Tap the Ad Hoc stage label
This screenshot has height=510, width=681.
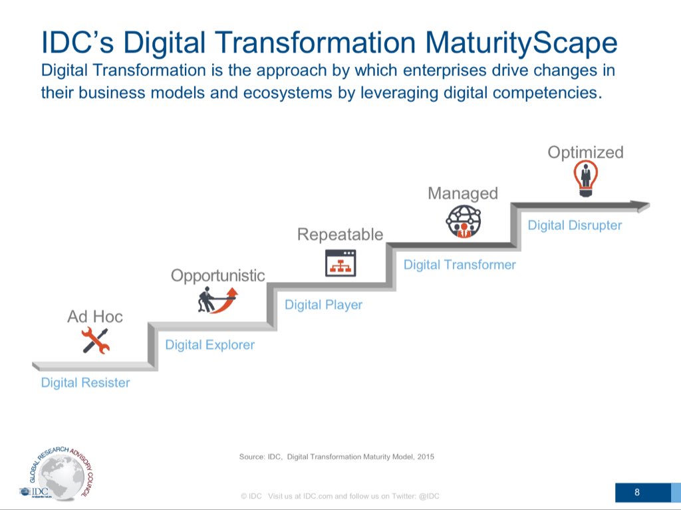(95, 317)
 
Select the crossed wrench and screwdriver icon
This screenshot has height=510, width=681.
(95, 342)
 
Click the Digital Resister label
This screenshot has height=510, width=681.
(85, 383)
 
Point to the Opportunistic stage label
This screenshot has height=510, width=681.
(218, 275)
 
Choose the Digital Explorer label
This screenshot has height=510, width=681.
(209, 345)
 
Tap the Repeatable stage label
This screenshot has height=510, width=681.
(340, 234)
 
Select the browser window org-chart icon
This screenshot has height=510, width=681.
(340, 263)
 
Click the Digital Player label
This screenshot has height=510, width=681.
(323, 305)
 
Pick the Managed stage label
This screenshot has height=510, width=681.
(463, 193)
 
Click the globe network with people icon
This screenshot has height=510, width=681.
(463, 221)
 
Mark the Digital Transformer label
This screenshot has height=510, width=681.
(460, 265)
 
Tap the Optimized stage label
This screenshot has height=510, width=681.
(585, 152)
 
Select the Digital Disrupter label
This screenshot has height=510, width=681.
(575, 225)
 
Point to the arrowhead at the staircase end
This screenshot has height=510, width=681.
(642, 207)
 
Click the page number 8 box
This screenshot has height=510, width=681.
(637, 493)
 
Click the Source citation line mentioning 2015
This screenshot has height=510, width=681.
(337, 457)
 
